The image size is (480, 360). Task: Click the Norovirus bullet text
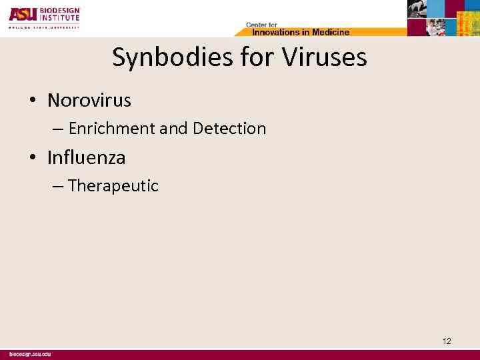pos(89,101)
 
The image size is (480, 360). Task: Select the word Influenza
pos(86,158)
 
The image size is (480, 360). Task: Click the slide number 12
pos(447,341)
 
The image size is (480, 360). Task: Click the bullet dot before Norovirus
pos(32,101)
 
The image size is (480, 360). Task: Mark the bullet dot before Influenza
pos(32,159)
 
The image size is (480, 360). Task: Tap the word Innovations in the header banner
pos(274,31)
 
